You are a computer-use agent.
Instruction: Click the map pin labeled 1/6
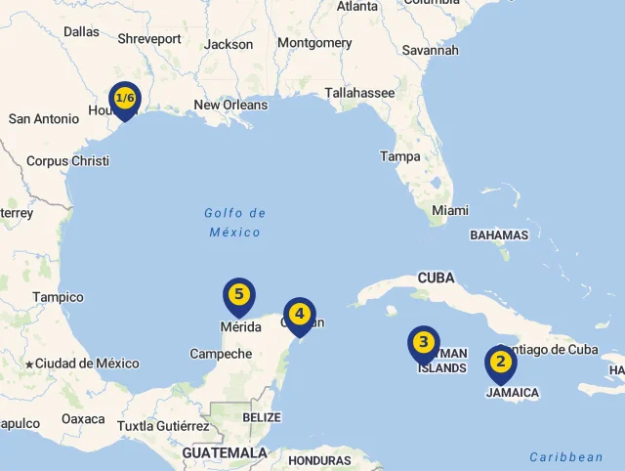(x=125, y=99)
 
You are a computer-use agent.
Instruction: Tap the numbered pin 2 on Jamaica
(x=501, y=363)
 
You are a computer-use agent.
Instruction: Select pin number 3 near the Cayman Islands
(x=423, y=343)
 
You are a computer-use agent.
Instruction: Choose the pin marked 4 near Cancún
(x=300, y=315)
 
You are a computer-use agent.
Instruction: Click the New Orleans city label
(x=230, y=106)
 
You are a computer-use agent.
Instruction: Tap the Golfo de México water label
(x=235, y=223)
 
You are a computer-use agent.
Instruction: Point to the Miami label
(x=450, y=210)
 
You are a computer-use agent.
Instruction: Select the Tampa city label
(x=400, y=156)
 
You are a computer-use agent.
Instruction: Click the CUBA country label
(x=436, y=278)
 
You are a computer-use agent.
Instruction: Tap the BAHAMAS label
(x=499, y=235)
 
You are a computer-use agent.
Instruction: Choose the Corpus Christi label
(x=67, y=161)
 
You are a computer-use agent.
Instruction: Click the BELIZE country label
(x=262, y=417)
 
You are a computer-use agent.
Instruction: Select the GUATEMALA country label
(x=225, y=453)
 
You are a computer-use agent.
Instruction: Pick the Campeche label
(x=221, y=354)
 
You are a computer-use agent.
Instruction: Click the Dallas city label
(x=82, y=31)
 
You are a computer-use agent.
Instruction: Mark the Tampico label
(x=58, y=297)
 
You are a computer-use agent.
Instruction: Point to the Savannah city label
(x=430, y=50)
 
